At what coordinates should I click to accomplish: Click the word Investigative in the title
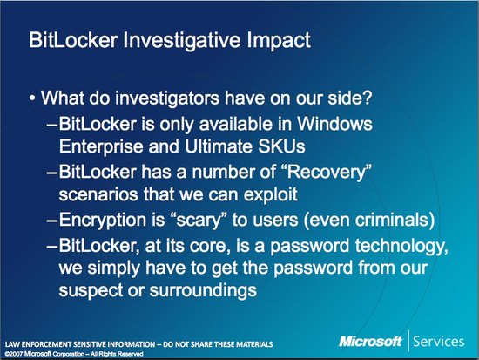[x=182, y=41]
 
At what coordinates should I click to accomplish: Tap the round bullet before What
[x=32, y=98]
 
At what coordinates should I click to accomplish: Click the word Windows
[x=334, y=124]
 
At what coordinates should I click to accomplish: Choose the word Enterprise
[x=101, y=146]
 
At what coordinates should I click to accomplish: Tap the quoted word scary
[x=198, y=220]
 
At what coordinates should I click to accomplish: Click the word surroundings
[x=203, y=290]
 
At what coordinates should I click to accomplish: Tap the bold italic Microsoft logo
[x=370, y=341]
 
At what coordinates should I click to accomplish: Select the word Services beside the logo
[x=438, y=342]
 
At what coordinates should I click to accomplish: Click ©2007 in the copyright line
[x=14, y=354]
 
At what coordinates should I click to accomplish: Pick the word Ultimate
[x=219, y=146]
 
